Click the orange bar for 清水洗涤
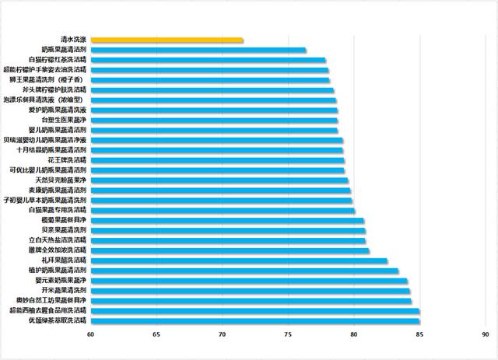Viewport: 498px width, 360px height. [167, 40]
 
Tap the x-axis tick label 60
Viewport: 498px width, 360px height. [90, 335]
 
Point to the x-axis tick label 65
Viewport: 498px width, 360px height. [156, 335]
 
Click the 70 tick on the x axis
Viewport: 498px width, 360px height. [222, 335]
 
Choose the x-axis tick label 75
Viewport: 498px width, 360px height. [288, 335]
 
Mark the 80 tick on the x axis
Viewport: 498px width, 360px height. [353, 335]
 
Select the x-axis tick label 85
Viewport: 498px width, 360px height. [419, 335]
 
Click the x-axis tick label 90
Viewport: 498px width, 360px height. [485, 335]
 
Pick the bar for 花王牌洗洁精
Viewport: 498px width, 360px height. [217, 160]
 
